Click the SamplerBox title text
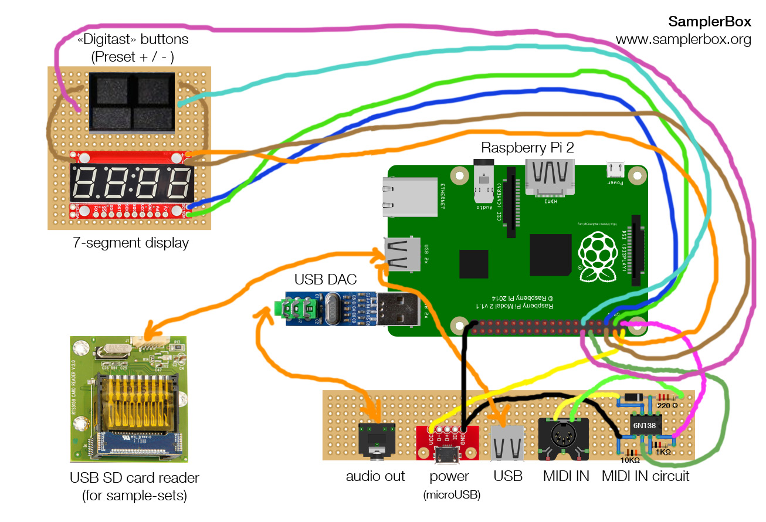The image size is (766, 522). click(x=709, y=22)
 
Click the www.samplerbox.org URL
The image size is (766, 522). click(x=683, y=40)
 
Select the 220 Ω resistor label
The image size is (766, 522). click(x=667, y=405)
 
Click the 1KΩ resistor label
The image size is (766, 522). click(x=663, y=452)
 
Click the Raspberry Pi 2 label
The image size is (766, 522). click(x=527, y=147)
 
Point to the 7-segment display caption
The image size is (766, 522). click(x=131, y=242)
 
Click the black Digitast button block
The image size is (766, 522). click(x=132, y=101)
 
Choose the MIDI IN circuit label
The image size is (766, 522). click(x=645, y=476)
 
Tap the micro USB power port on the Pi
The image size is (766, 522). click(x=615, y=170)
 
